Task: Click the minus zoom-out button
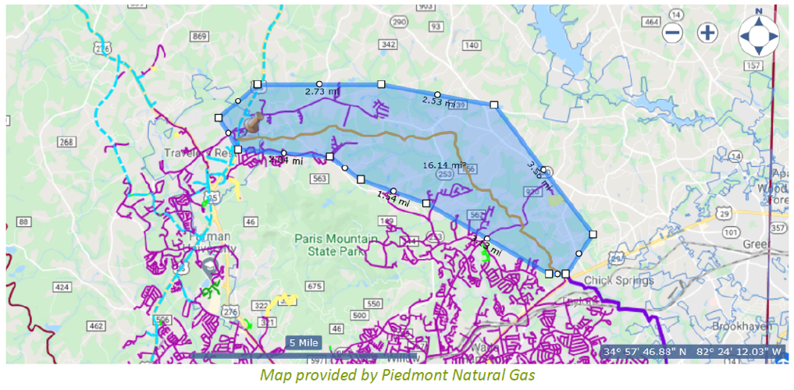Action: pos(673,33)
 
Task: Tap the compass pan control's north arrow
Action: pos(758,20)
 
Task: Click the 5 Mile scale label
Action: pos(302,342)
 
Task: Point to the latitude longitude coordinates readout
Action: pos(693,352)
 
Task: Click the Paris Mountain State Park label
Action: pos(336,244)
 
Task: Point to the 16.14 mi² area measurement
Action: pos(444,165)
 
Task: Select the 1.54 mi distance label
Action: pos(393,198)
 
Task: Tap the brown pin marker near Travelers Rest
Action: pos(251,123)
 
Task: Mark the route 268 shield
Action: pos(66,142)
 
